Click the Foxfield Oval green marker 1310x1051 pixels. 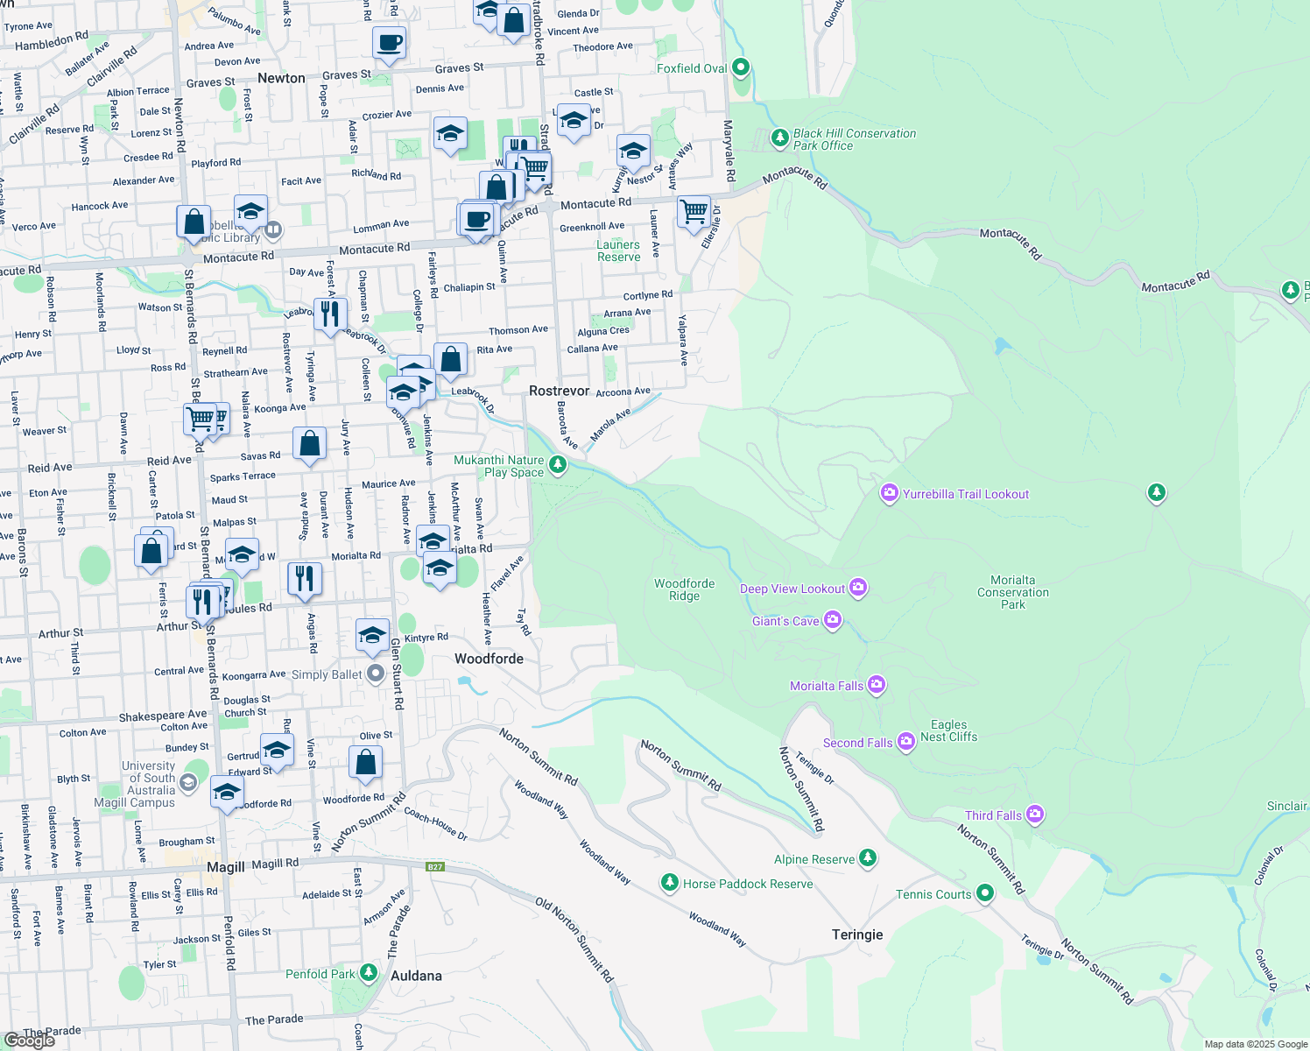pyautogui.click(x=741, y=67)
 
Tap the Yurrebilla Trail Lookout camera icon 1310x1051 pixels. pyautogui.click(x=890, y=494)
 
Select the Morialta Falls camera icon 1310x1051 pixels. pyautogui.click(x=877, y=686)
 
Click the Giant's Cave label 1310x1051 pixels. pyautogui.click(x=785, y=621)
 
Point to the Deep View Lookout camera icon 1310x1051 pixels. pyautogui.click(x=858, y=588)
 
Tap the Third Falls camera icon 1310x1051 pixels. pyautogui.click(x=1035, y=815)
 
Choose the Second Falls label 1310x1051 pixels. pyautogui.click(x=857, y=743)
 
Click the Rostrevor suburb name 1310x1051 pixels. pyautogui.click(x=559, y=391)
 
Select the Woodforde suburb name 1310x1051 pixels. pyautogui.click(x=489, y=659)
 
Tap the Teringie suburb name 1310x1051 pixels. pyautogui.click(x=857, y=935)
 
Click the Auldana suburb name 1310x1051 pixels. pyautogui.click(x=416, y=976)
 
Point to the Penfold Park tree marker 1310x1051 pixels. pyautogui.click(x=369, y=973)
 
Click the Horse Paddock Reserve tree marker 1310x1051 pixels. pyautogui.click(x=670, y=883)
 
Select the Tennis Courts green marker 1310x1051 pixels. pyautogui.click(x=985, y=893)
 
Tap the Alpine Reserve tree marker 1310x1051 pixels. pyautogui.click(x=868, y=858)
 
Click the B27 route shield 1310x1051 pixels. pyautogui.click(x=435, y=867)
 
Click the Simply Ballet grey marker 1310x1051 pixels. pyautogui.click(x=376, y=674)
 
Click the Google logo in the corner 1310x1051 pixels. pyautogui.click(x=30, y=1040)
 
